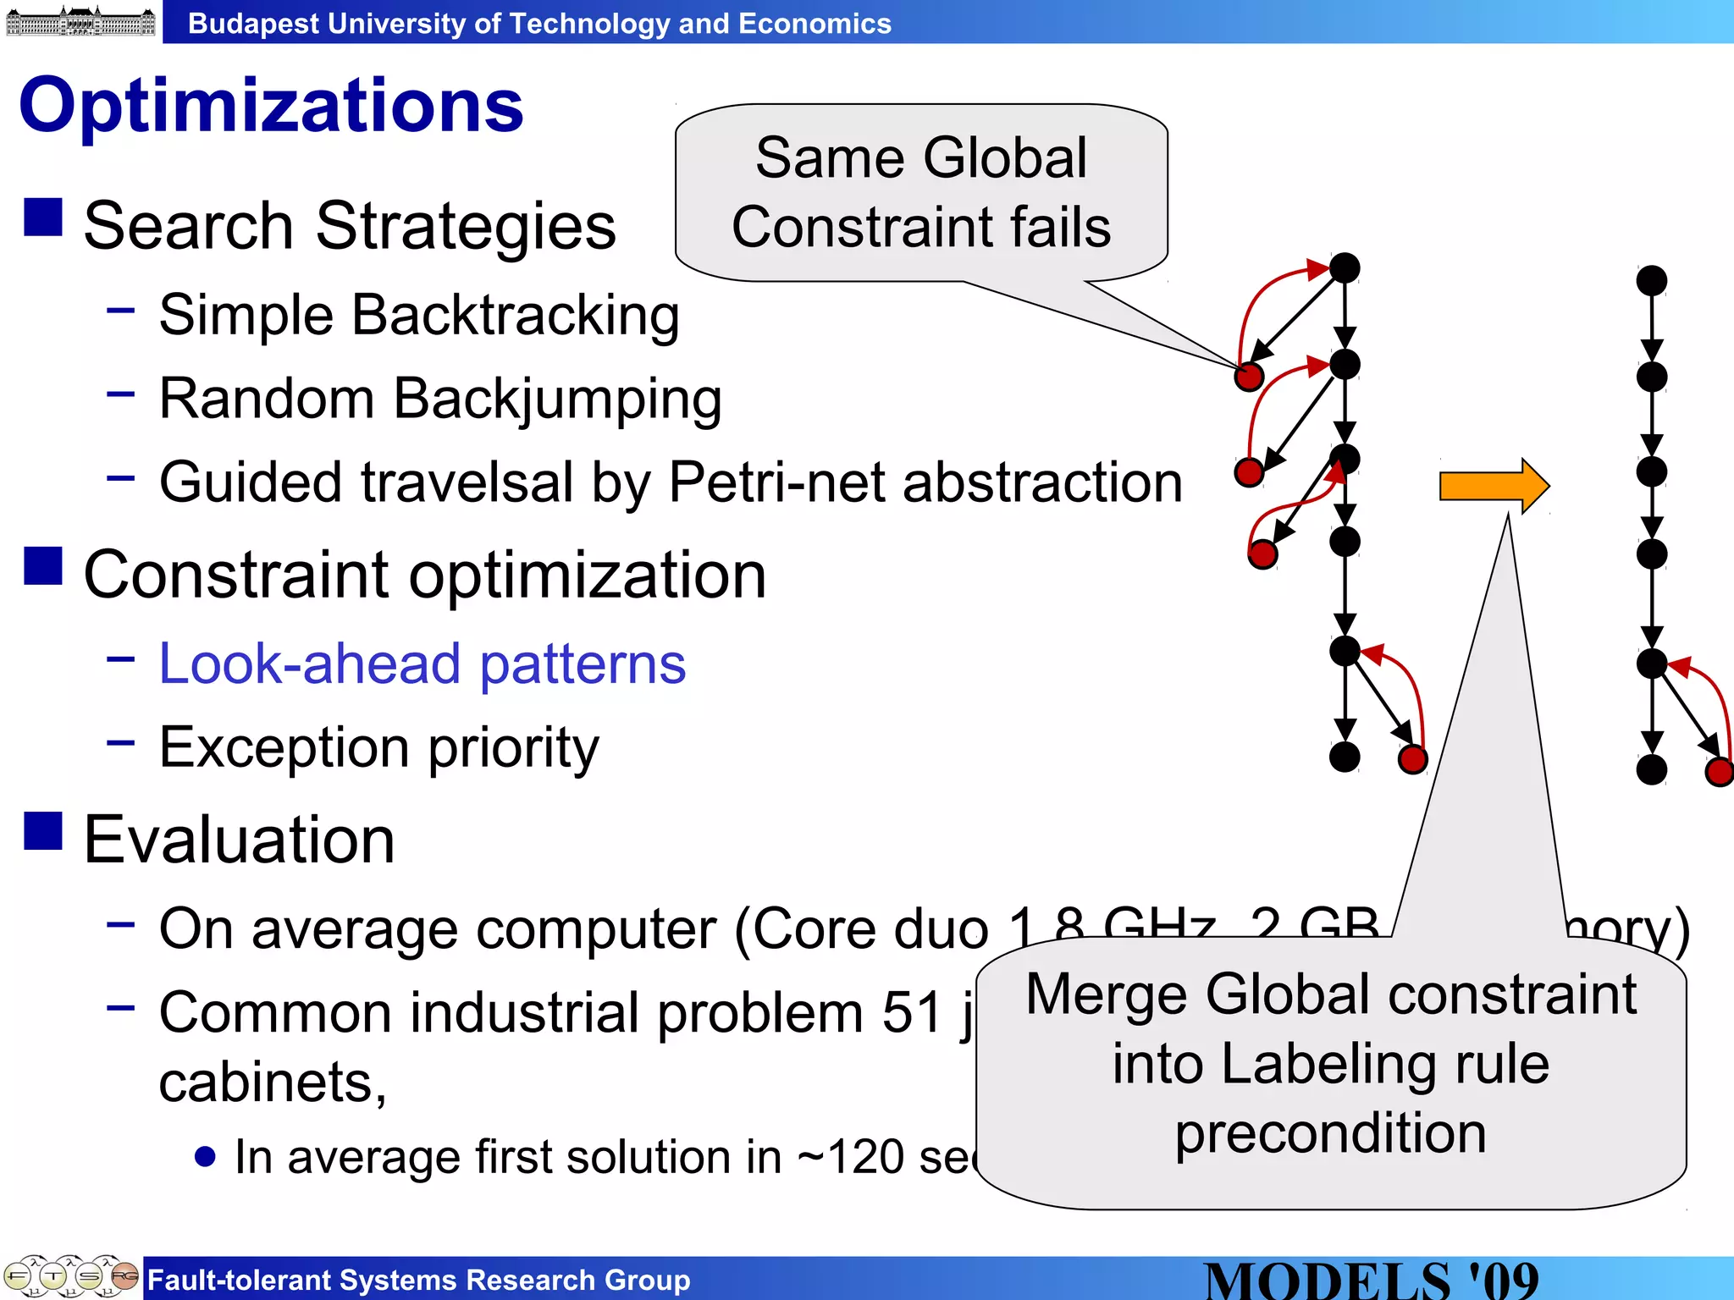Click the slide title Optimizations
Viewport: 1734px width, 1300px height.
click(271, 106)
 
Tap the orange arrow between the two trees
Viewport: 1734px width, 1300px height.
click(1494, 486)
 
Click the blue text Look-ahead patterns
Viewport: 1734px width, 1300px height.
click(422, 664)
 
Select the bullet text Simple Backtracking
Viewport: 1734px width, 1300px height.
click(419, 315)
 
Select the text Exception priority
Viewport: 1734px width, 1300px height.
click(378, 747)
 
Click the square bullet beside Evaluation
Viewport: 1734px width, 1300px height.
click(43, 831)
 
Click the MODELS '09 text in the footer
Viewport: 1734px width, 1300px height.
click(1371, 1280)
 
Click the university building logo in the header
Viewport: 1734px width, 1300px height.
click(80, 21)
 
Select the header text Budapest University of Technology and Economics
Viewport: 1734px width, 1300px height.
click(539, 24)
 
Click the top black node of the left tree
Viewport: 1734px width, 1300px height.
click(1345, 268)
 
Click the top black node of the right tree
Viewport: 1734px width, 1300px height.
click(1651, 281)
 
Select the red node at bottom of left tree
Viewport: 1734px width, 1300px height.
click(1412, 759)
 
